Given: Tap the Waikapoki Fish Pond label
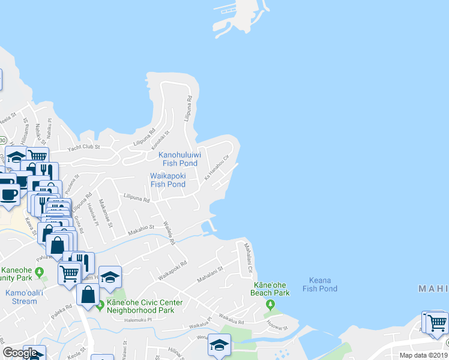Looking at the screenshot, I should [168, 180].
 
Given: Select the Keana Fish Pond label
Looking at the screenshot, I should [319, 284].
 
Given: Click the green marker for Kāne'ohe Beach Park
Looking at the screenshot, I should [270, 305].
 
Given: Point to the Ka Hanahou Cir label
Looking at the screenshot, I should [218, 170].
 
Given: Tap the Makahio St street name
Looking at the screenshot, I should [140, 228].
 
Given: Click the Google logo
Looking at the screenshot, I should [20, 353].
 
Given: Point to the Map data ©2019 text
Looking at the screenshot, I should [423, 355].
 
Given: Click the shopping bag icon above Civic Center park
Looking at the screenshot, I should [88, 295].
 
